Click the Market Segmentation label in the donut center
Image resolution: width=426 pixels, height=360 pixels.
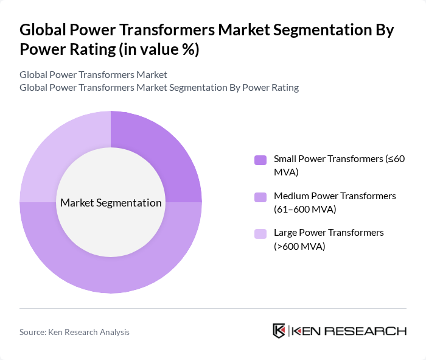point(111,202)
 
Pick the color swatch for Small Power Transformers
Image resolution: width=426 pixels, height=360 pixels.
point(260,160)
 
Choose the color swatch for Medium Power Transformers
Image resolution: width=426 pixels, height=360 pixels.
point(260,197)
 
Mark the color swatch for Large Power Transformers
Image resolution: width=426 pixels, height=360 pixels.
point(260,233)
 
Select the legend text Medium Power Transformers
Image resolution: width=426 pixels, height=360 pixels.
point(335,196)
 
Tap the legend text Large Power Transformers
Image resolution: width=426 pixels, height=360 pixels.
point(329,232)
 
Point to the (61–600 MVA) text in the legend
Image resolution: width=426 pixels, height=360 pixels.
point(305,210)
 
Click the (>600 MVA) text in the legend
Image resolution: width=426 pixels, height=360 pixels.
point(299,246)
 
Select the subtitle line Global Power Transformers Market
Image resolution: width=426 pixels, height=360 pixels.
point(93,75)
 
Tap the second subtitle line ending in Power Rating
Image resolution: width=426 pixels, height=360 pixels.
point(159,87)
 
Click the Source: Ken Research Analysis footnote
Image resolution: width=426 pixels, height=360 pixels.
point(74,332)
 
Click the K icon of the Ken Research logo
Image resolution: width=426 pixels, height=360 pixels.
point(279,331)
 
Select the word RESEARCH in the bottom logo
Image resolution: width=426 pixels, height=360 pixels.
point(371,331)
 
